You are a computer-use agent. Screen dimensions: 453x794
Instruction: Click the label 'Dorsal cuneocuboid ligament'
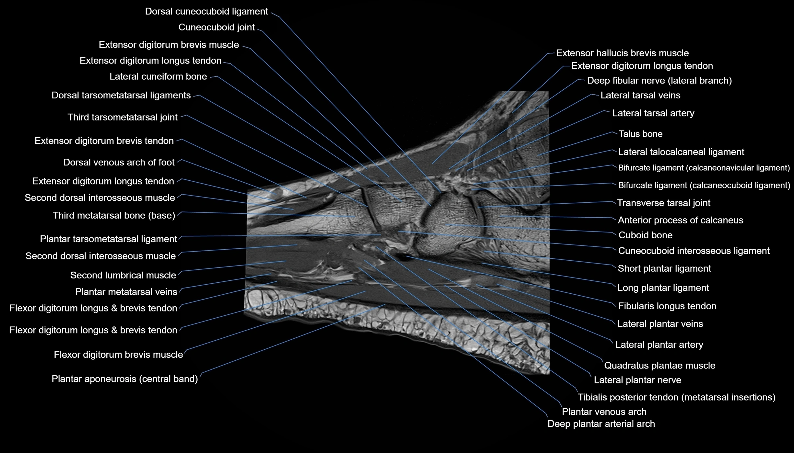(206, 11)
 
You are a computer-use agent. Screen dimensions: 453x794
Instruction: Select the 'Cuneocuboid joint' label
(216, 27)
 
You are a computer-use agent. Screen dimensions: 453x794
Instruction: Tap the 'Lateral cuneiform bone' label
(158, 76)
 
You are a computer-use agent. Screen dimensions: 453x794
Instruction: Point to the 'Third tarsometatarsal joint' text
(123, 117)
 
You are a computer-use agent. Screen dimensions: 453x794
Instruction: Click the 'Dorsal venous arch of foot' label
(119, 162)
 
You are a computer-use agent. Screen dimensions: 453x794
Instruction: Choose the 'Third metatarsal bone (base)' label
(114, 215)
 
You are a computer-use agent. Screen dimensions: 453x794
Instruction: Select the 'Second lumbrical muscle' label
(123, 275)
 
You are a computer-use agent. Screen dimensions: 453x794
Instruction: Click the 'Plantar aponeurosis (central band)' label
(125, 379)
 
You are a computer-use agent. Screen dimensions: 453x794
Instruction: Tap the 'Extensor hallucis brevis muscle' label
(622, 53)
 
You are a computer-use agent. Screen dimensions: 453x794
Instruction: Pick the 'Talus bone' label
(640, 134)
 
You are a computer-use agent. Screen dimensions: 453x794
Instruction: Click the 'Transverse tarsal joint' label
(663, 203)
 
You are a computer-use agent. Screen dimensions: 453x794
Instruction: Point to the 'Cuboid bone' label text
(645, 235)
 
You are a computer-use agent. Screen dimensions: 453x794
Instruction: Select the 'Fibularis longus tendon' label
(667, 306)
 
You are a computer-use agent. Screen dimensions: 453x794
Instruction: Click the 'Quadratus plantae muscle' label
(660, 366)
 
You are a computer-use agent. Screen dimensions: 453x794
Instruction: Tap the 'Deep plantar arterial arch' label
(601, 424)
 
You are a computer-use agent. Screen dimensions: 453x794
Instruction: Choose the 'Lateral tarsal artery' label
(653, 113)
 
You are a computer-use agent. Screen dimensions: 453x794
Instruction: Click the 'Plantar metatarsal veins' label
(126, 292)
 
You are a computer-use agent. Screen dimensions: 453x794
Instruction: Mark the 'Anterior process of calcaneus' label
(680, 220)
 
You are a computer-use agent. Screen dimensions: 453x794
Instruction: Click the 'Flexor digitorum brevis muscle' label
(118, 355)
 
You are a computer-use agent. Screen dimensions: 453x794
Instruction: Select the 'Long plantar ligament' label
(663, 288)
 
